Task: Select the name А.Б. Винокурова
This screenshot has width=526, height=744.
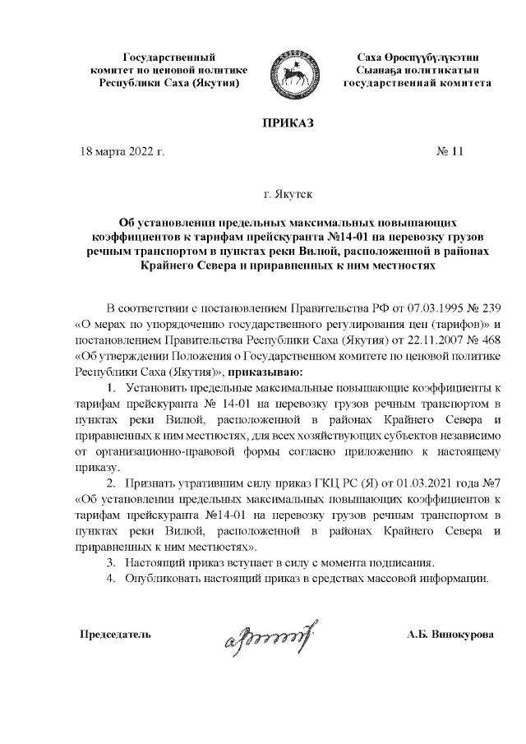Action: pos(450,635)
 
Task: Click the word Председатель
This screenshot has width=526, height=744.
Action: pos(115,635)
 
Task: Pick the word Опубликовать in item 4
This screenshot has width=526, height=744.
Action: pos(165,577)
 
